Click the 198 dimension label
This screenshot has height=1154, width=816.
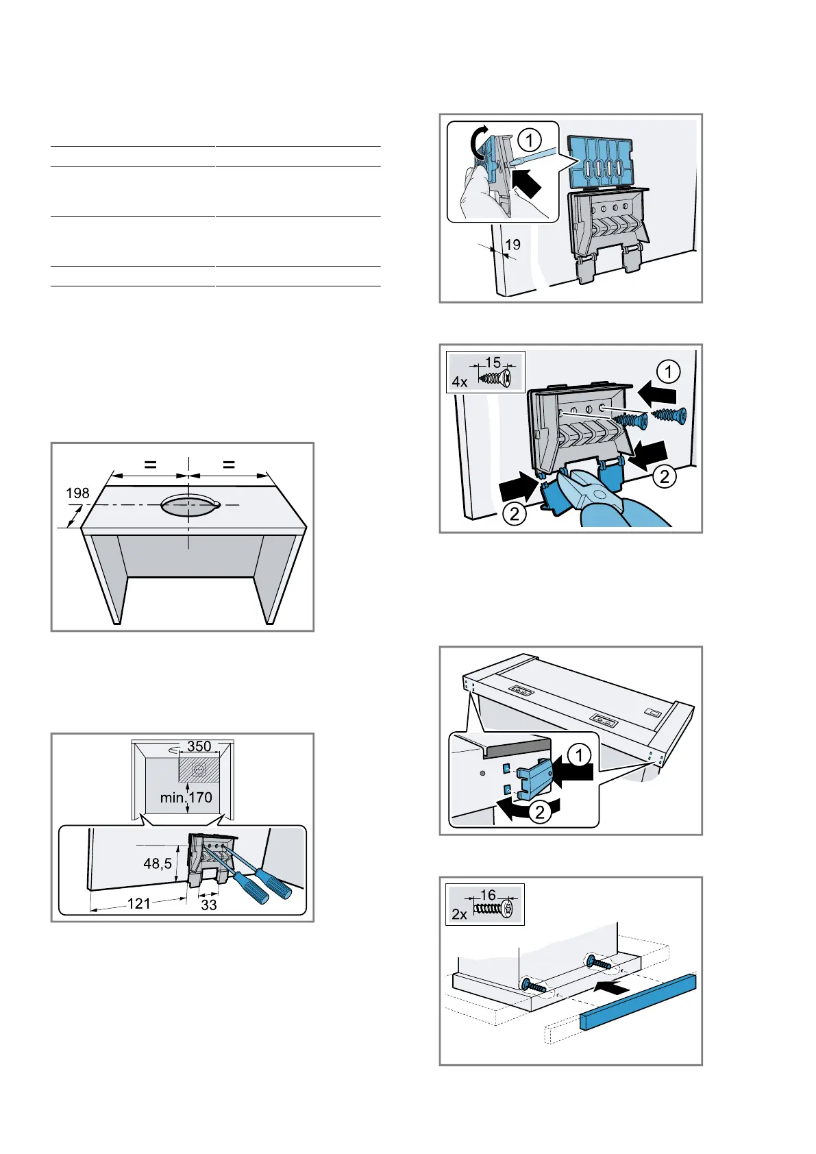click(x=77, y=493)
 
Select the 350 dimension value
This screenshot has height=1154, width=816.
click(x=199, y=746)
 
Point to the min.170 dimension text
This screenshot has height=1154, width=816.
click(x=186, y=798)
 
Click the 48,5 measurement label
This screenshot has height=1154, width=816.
click(x=158, y=863)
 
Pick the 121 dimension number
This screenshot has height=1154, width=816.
click(x=139, y=903)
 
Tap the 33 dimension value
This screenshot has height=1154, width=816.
click(x=208, y=905)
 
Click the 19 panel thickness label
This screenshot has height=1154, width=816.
click(x=512, y=244)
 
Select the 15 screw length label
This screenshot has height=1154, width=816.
click(x=493, y=362)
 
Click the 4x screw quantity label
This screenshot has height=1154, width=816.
click(x=460, y=382)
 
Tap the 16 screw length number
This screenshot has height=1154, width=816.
click(x=488, y=894)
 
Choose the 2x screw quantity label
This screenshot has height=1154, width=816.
click(x=459, y=914)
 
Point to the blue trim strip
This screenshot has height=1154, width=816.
click(x=639, y=1002)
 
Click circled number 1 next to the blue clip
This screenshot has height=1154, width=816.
click(x=580, y=755)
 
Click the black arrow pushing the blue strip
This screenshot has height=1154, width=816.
click(x=612, y=988)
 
